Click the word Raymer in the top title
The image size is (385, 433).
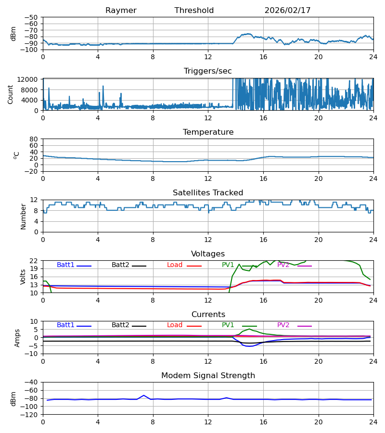[x=121, y=11]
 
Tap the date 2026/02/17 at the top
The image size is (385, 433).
[x=287, y=11]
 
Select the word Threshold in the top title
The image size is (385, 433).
[x=194, y=11]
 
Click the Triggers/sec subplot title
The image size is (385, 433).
[x=208, y=71]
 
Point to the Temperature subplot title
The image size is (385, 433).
[x=208, y=132]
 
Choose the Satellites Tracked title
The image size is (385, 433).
[x=208, y=193]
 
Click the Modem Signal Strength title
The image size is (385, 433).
[x=208, y=376]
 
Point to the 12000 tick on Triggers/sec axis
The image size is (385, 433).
[x=30, y=79]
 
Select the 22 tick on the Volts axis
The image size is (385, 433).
[x=35, y=261]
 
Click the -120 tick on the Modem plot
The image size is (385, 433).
[x=30, y=415]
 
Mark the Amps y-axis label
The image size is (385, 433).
[x=18, y=338]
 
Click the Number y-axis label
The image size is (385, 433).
[x=24, y=216]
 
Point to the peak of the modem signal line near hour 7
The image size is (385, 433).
[x=143, y=395]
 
